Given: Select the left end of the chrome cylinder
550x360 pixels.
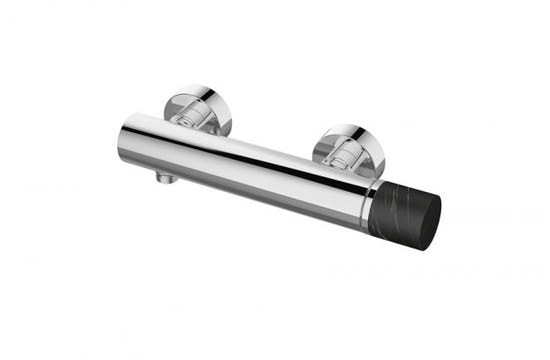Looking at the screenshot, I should (x=125, y=137).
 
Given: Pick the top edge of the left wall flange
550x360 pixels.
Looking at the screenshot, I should (x=199, y=87).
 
